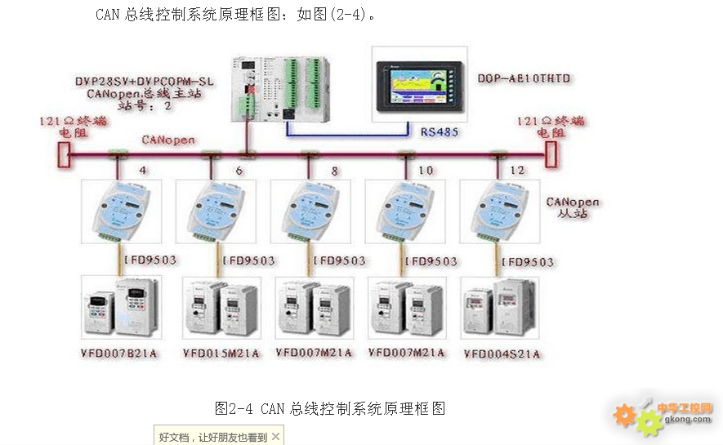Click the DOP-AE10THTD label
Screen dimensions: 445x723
pyautogui.click(x=524, y=78)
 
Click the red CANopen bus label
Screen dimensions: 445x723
pyautogui.click(x=168, y=140)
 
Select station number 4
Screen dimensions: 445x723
pyautogui.click(x=143, y=171)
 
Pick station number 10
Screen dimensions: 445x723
pyautogui.click(x=426, y=171)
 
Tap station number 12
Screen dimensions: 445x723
pyautogui.click(x=517, y=171)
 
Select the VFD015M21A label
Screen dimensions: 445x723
pyautogui.click(x=221, y=353)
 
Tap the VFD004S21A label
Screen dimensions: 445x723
pyautogui.click(x=502, y=354)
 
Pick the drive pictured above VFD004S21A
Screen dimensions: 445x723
pyautogui.click(x=499, y=308)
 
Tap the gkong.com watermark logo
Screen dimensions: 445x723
pyautogui.click(x=663, y=415)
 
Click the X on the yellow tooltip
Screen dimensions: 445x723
pyautogui.click(x=275, y=437)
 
